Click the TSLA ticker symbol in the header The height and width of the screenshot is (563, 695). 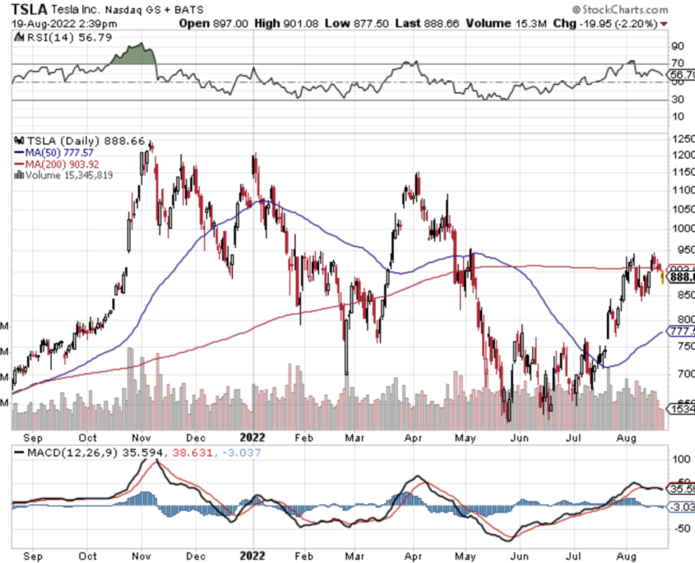[x=29, y=9]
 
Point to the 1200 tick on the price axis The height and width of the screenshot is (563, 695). [x=682, y=154]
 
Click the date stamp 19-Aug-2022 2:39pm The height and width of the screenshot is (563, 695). [x=65, y=24]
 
